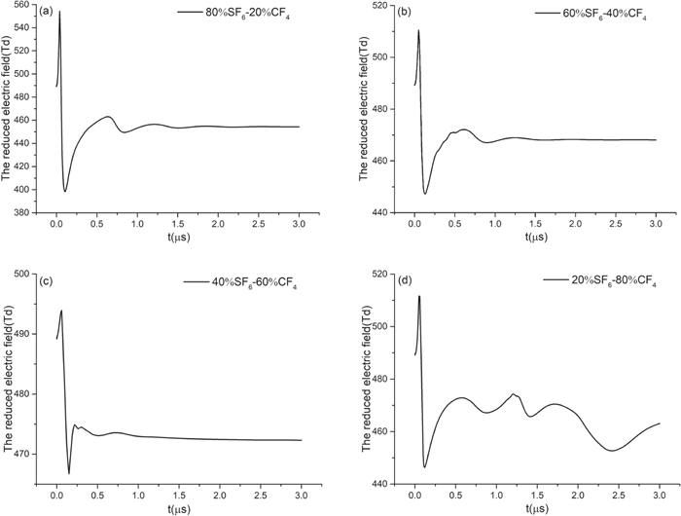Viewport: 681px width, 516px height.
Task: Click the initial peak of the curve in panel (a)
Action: [x=59, y=12]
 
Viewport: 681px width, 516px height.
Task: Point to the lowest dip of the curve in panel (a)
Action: [x=65, y=191]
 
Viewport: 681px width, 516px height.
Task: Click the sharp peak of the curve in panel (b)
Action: [x=418, y=30]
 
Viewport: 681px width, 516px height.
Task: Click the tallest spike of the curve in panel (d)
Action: [x=419, y=296]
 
